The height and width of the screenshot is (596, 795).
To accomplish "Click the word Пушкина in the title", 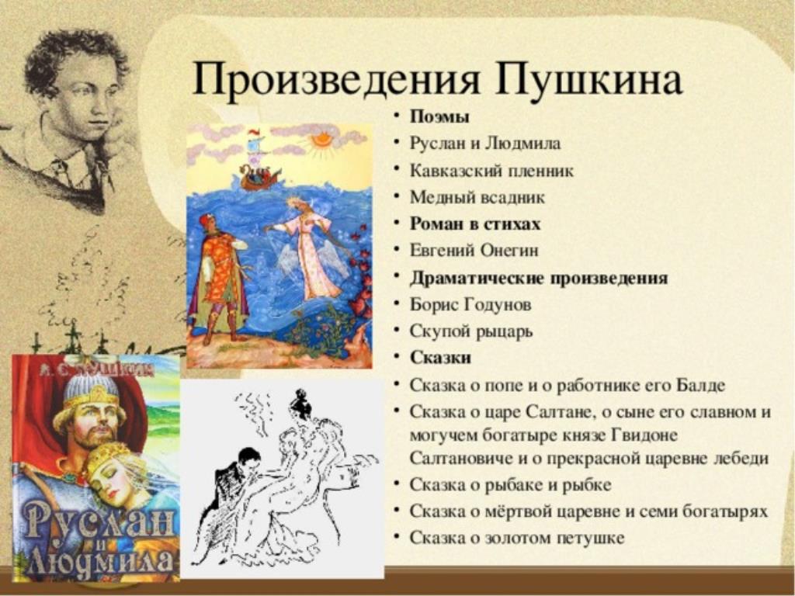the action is click(588, 80).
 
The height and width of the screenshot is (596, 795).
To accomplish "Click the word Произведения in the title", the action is click(335, 80).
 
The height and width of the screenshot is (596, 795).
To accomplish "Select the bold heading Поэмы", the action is click(439, 117).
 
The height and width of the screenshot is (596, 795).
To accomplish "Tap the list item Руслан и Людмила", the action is click(485, 144).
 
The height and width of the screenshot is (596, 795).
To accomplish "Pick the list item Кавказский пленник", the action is click(491, 171).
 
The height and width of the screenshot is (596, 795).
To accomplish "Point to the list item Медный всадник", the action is click(477, 197).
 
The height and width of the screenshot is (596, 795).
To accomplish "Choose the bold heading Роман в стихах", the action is click(475, 224).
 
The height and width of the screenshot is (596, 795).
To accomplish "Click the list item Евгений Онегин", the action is click(474, 251).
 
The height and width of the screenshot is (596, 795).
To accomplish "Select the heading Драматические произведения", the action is click(539, 279).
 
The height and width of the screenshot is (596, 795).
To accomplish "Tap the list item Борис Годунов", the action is click(470, 305).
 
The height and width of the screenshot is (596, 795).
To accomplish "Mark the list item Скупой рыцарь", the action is click(471, 332).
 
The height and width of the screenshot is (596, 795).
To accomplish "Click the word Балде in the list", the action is click(700, 386).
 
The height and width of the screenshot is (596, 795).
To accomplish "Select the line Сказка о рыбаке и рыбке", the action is click(510, 485).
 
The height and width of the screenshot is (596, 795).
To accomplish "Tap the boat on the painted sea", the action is click(259, 177).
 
